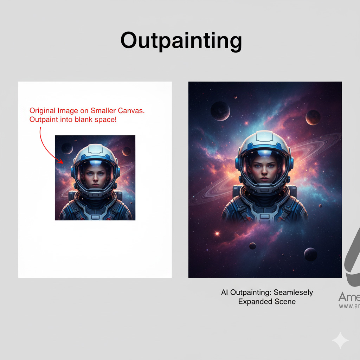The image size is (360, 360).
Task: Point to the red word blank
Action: point(84,120)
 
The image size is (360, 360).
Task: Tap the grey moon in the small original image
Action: point(67,148)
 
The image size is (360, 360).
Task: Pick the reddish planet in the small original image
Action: point(127,151)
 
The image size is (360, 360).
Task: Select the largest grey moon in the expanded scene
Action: point(220,111)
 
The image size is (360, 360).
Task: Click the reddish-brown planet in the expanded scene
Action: point(313,117)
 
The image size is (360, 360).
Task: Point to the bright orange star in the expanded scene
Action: point(217,233)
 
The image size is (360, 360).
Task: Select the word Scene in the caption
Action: point(286,302)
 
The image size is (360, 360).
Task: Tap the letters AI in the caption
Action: point(225,292)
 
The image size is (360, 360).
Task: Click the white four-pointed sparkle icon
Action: point(340,341)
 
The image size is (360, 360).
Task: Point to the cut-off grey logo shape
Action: point(352,260)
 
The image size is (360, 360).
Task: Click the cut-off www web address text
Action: point(349,306)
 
